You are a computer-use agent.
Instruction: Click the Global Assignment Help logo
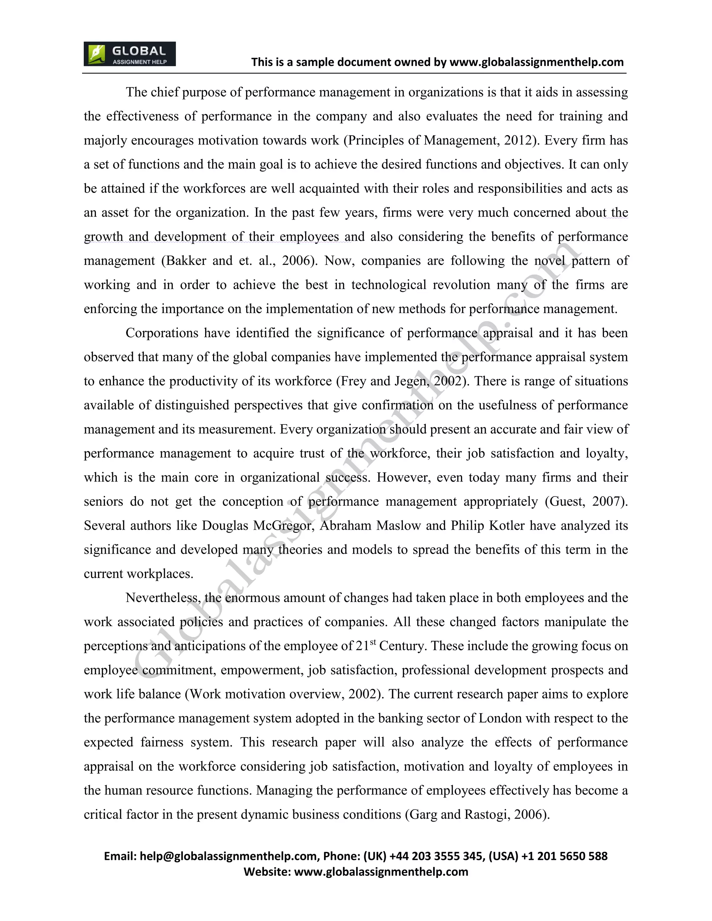129,54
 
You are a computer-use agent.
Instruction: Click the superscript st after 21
373,643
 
